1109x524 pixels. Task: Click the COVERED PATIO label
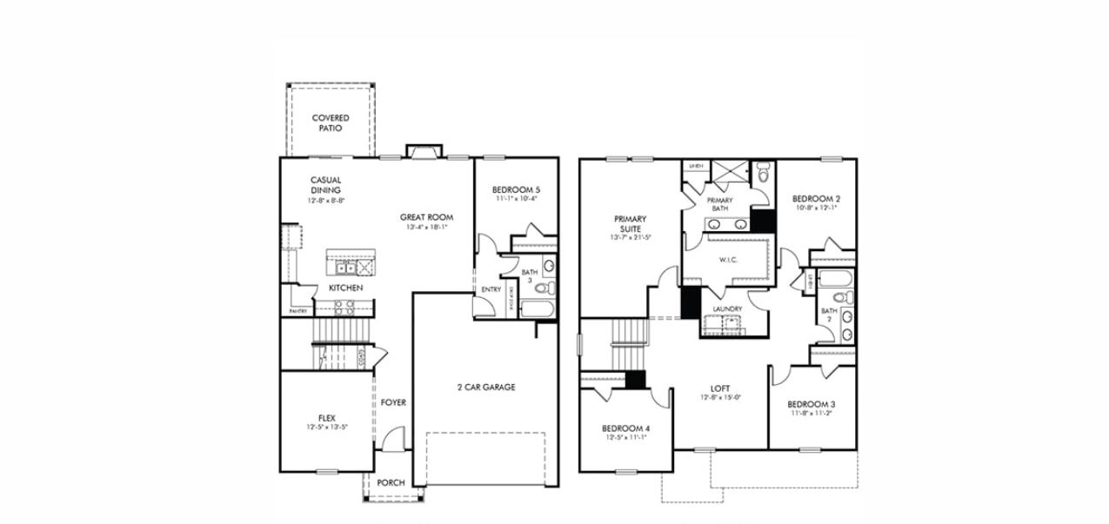[x=331, y=123]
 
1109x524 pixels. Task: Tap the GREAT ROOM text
[x=426, y=217]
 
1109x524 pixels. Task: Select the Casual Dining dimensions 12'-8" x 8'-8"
[x=326, y=201]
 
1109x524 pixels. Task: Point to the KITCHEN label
[x=345, y=288]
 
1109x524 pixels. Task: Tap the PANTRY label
[x=297, y=311]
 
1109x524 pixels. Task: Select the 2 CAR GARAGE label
[x=485, y=387]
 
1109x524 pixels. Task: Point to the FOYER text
[x=393, y=402]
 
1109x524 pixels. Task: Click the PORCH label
[x=391, y=482]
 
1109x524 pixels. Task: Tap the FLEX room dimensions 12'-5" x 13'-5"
[x=326, y=428]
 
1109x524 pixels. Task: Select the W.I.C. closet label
[x=727, y=260]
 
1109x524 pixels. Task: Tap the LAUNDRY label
[x=727, y=309]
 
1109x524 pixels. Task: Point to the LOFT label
[x=719, y=388]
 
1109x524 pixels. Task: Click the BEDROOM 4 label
[x=625, y=428]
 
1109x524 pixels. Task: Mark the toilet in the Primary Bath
[x=763, y=174]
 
